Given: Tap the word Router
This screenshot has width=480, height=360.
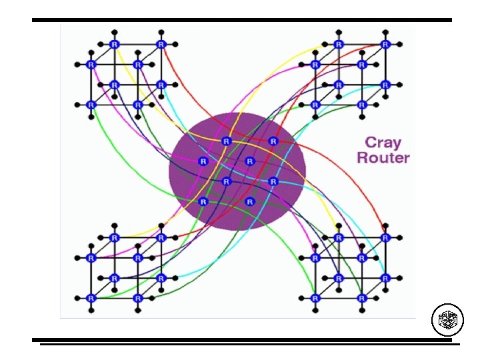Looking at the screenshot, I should pos(383,159).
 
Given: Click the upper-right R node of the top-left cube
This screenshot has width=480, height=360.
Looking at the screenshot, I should pos(161,45).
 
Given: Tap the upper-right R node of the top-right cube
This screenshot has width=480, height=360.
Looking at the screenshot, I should pos(385,45).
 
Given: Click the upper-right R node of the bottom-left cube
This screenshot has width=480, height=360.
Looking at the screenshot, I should pos(161,237).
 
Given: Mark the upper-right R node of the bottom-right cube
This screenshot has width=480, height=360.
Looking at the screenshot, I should pos(385,237).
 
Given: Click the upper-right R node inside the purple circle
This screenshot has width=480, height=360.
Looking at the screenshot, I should pos(273,141).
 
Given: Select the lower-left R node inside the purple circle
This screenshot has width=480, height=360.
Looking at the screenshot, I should pos(203,201).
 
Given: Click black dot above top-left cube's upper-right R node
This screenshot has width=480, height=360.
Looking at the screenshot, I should pos(161,31).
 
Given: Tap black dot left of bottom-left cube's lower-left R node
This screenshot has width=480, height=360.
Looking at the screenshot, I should pos(77,297).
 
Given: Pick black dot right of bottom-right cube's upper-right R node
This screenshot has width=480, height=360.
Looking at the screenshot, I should pos(399,237).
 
